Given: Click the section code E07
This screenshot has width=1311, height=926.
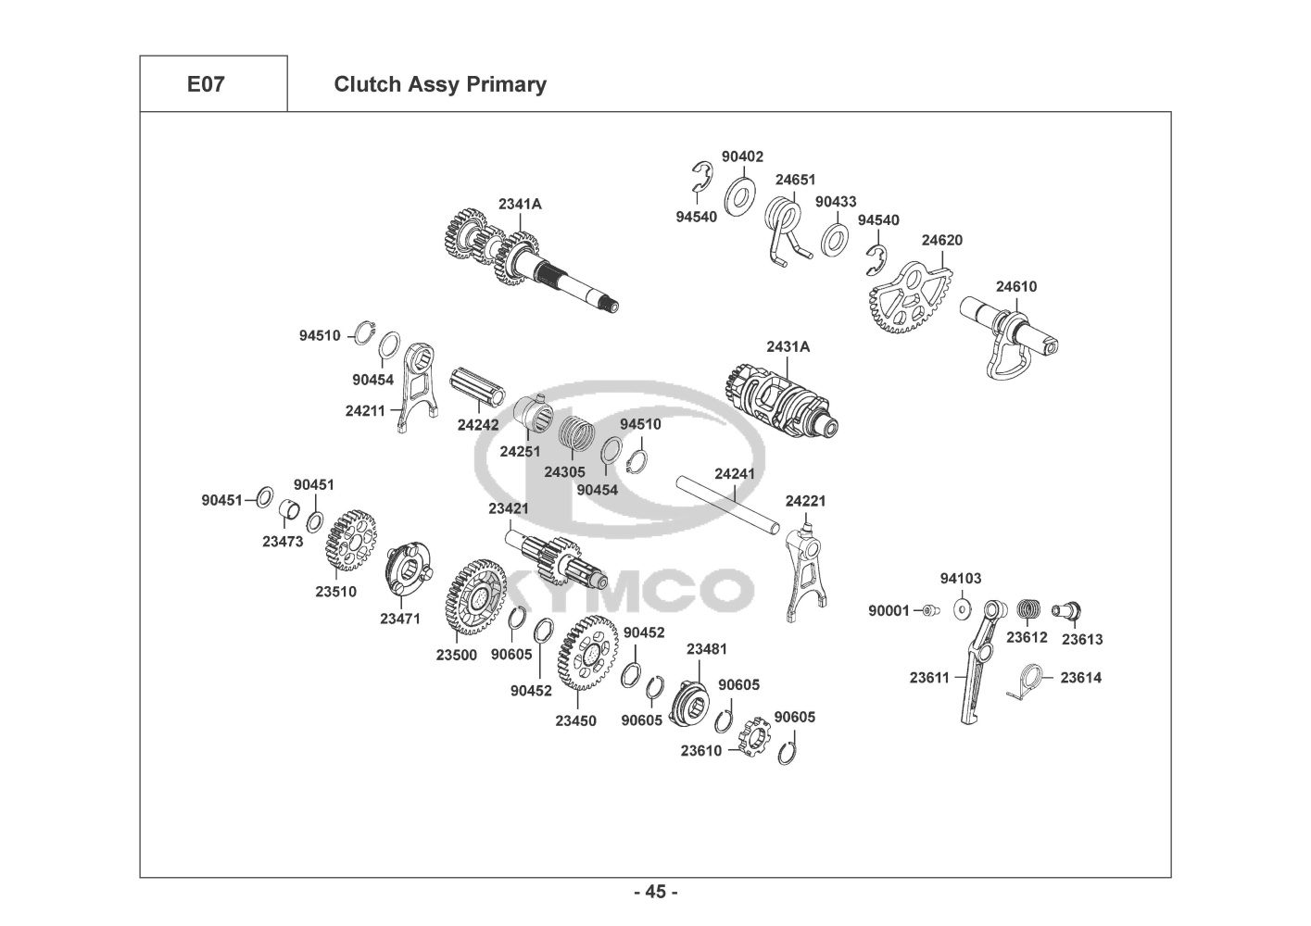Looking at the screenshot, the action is tap(206, 84).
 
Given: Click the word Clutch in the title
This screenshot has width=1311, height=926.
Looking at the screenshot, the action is tap(367, 84).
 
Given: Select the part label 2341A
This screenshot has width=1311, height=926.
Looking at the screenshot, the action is tap(520, 204).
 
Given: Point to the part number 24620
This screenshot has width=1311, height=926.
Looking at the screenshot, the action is tap(941, 240).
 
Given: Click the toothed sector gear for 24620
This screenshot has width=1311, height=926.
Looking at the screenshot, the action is tap(908, 298).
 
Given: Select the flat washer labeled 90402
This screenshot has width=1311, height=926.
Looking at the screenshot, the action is tap(739, 195).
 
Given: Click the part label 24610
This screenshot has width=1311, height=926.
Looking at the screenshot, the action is tap(1016, 287).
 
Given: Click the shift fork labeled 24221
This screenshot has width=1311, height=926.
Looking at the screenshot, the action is tap(805, 572).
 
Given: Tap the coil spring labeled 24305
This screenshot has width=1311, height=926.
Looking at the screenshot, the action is tap(576, 439).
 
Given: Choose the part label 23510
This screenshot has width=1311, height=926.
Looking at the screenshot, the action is tap(336, 592).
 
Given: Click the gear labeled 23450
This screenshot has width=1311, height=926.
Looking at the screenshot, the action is tap(587, 653).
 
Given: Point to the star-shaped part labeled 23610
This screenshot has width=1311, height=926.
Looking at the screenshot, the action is tap(754, 737).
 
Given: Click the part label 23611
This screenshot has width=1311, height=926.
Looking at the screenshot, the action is tap(929, 678).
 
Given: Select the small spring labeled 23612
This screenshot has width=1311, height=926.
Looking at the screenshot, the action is tap(1028, 611).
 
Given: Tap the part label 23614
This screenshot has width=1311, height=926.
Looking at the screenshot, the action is tap(1080, 678).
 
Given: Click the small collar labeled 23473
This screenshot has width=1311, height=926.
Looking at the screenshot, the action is tap(288, 510).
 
